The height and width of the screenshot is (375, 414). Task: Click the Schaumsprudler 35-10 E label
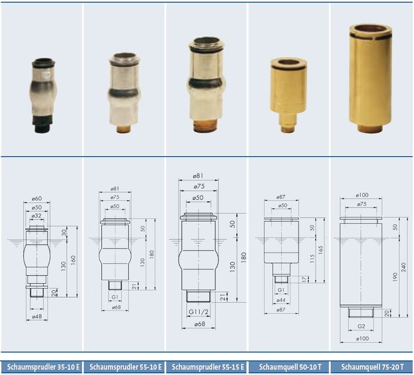point(43,367)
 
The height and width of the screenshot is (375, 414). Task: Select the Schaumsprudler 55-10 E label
point(126,367)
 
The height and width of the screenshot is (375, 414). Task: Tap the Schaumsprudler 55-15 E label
point(208,367)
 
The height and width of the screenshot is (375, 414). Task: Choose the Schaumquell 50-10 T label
point(290,367)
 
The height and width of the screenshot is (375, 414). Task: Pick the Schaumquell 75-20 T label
point(372,367)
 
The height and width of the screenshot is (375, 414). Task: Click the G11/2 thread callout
point(199,312)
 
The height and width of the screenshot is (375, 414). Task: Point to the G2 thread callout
point(361,326)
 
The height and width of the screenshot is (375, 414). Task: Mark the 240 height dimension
point(404,267)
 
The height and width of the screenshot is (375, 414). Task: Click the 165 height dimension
point(320,250)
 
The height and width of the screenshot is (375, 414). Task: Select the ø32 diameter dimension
point(36,216)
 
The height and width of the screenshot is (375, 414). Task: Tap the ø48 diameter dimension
point(37,316)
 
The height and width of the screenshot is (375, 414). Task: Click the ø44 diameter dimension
point(281,300)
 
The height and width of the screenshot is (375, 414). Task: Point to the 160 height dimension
point(73,260)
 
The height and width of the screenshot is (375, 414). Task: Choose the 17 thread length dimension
point(305,279)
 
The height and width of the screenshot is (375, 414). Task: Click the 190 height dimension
point(395,277)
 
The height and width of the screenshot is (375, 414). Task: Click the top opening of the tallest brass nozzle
point(370,29)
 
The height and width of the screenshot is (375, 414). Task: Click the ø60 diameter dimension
point(37,199)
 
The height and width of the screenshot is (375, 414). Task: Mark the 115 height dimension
point(312,259)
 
